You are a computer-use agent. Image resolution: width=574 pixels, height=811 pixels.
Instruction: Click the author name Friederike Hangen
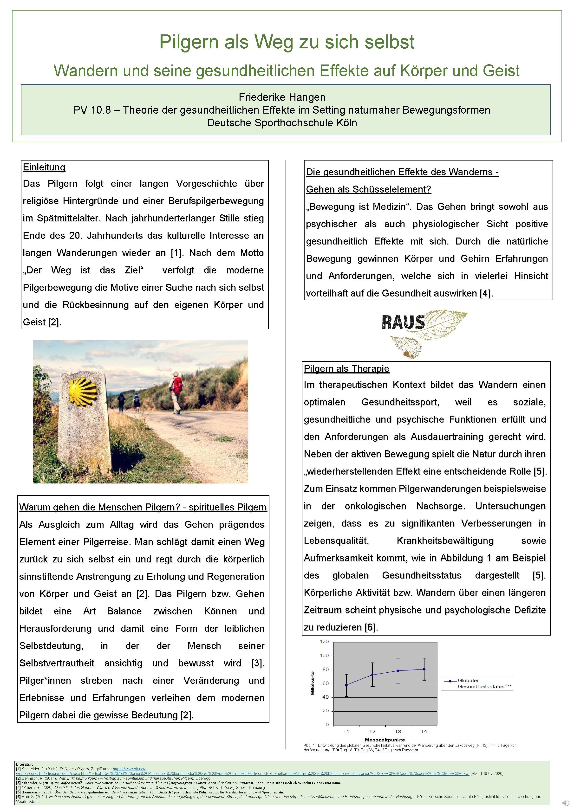pyautogui.click(x=282, y=97)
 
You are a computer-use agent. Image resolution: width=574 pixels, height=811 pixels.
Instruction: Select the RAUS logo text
pyautogui.click(x=403, y=322)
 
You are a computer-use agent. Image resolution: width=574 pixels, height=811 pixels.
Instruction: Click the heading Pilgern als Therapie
pyautogui.click(x=346, y=368)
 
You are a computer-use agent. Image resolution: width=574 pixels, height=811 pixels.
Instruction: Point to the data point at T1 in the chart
pyautogui.click(x=346, y=685)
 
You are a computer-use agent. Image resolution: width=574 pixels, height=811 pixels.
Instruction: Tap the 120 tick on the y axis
pyautogui.click(x=324, y=641)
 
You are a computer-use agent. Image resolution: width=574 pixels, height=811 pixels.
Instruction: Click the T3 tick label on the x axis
pyautogui.click(x=398, y=731)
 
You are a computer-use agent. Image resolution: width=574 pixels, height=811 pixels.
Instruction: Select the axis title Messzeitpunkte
pyautogui.click(x=385, y=739)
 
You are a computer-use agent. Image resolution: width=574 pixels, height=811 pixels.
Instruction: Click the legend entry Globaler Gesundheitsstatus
pyautogui.click(x=481, y=683)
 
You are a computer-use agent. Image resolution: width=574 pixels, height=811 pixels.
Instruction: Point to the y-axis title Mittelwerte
pyautogui.click(x=313, y=683)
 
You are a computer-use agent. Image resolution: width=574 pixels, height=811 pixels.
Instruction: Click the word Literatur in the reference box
pyautogui.click(x=24, y=764)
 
